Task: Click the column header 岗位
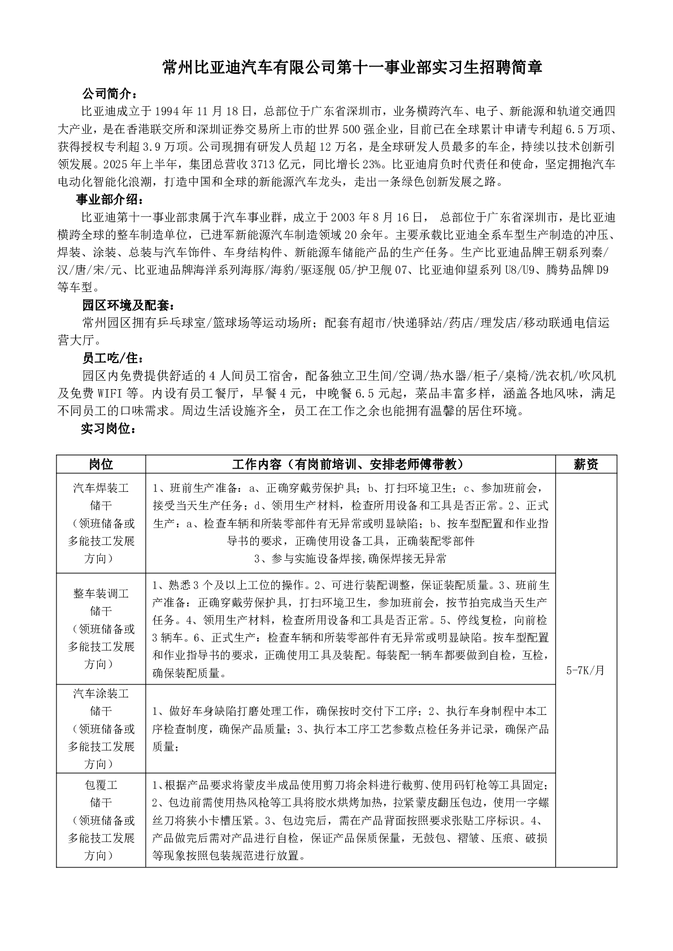point(101,464)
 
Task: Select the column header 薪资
point(586,464)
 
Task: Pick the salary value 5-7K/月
point(586,670)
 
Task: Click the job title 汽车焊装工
point(101,487)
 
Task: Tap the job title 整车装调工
point(101,594)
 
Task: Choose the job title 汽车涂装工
point(101,693)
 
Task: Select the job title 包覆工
point(101,785)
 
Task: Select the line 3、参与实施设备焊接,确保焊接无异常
point(350,559)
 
